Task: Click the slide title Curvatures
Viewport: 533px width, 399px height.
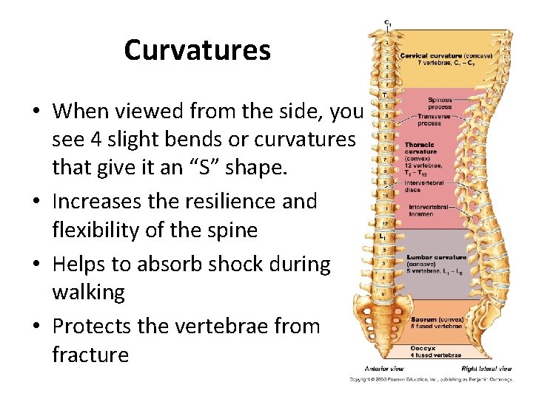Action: pyautogui.click(x=197, y=50)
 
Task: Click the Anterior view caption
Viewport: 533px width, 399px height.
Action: pyautogui.click(x=383, y=368)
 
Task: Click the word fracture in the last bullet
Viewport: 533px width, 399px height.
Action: pyautogui.click(x=90, y=355)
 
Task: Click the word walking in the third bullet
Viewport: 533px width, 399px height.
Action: pyautogui.click(x=89, y=293)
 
